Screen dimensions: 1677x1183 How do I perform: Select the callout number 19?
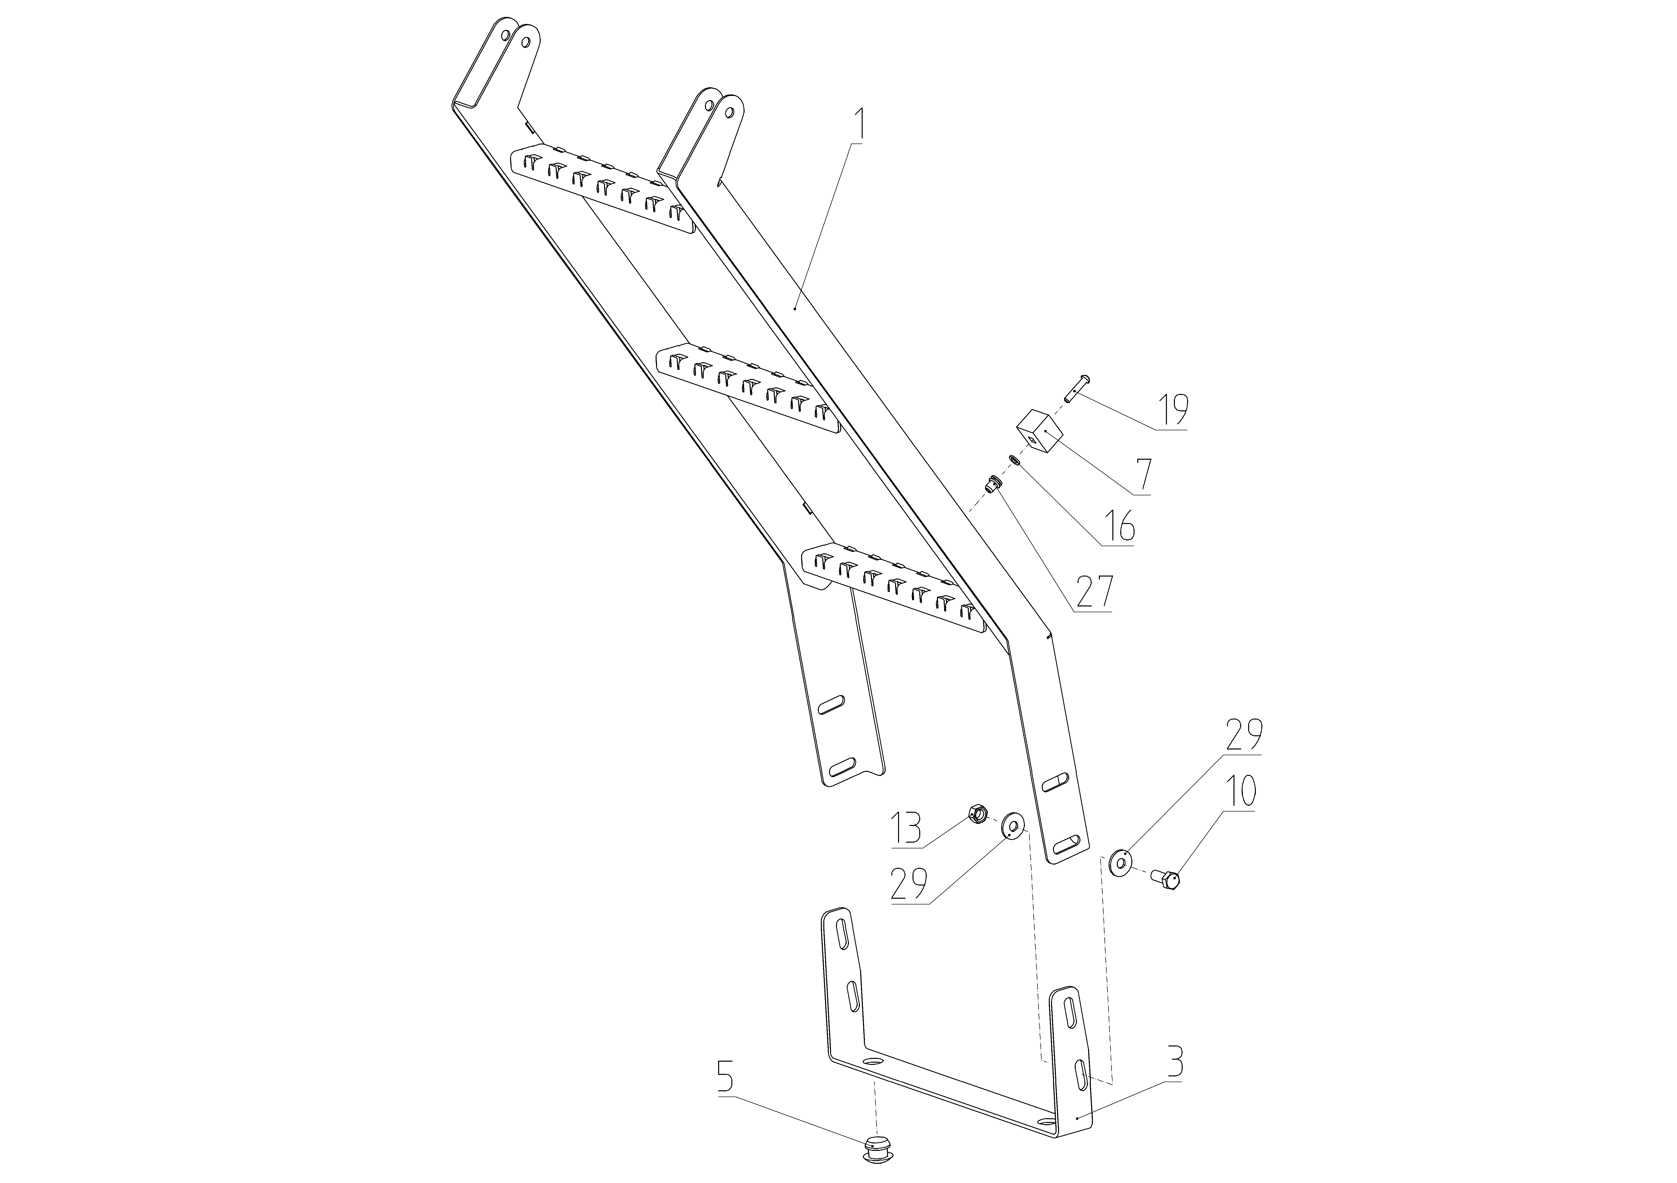[x=1171, y=410]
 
